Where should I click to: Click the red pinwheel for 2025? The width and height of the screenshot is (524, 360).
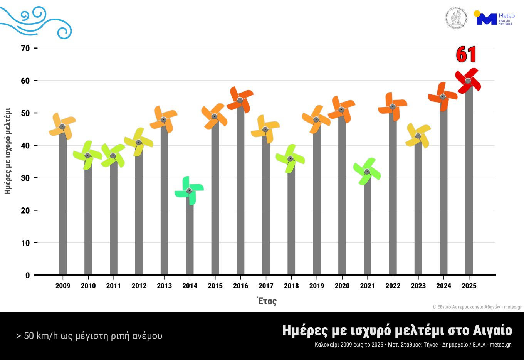[468, 81]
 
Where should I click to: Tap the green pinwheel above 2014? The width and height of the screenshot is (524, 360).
[189, 191]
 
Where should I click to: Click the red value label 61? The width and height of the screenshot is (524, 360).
[466, 55]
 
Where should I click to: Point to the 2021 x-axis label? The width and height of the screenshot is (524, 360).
[367, 286]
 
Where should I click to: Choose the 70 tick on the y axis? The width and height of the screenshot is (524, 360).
[25, 48]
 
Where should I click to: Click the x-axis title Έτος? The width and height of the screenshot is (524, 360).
[267, 301]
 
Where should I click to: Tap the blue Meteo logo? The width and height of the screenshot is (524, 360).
[494, 19]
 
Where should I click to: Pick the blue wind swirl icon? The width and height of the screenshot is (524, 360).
[37, 22]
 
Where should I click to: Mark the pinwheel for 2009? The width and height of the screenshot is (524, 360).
[62, 126]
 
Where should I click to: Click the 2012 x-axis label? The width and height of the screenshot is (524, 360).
[139, 286]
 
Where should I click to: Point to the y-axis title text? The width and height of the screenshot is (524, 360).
[8, 151]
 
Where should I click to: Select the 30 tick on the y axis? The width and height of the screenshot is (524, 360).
[25, 178]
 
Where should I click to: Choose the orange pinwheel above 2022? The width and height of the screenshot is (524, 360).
[393, 107]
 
